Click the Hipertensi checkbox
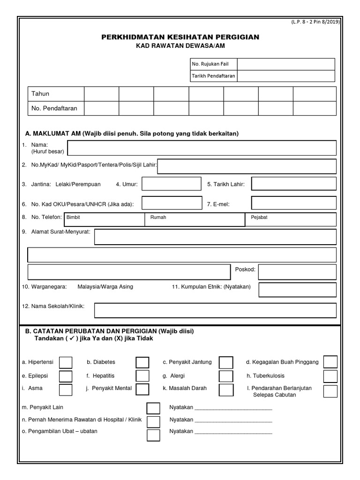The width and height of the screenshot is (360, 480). click(66, 362)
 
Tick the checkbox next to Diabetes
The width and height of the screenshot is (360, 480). click(142, 362)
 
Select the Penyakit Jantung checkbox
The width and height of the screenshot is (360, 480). click(226, 362)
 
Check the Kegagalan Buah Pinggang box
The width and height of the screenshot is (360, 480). click(330, 362)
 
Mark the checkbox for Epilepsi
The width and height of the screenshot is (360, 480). click(66, 376)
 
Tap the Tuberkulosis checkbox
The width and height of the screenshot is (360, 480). click(330, 376)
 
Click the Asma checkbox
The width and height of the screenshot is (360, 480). click(66, 389)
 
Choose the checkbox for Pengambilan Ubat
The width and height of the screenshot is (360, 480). click(153, 435)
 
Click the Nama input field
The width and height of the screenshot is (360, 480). click(202, 148)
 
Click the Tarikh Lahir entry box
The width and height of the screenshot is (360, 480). click(294, 184)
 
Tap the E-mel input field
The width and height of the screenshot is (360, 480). click(294, 203)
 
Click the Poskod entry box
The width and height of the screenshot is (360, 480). click(297, 272)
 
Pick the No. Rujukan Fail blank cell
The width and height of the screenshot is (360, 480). click(286, 64)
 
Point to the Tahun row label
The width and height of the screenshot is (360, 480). click(40, 94)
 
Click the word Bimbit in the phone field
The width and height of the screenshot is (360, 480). click(74, 217)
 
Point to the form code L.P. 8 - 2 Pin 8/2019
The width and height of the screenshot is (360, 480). click(315, 22)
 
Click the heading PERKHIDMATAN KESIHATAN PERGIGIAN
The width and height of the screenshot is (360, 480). click(180, 37)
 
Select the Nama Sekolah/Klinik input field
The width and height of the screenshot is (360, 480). click(215, 310)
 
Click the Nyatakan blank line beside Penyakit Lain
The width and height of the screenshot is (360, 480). click(233, 408)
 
